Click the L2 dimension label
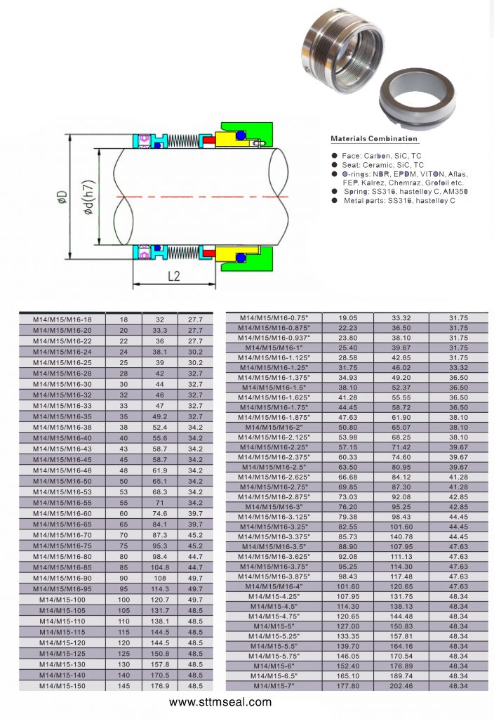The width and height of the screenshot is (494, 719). click(174, 276)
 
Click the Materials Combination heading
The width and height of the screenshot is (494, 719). click(374, 138)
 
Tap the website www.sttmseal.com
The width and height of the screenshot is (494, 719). click(220, 702)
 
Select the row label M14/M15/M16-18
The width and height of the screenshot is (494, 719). click(62, 319)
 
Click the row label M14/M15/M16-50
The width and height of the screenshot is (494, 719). click(62, 481)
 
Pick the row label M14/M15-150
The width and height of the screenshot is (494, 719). click(62, 685)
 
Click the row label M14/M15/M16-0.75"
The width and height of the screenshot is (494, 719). click(274, 318)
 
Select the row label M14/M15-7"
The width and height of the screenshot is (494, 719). click(274, 686)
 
